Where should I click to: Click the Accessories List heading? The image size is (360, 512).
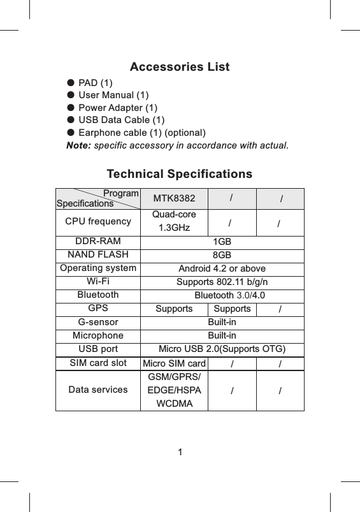pos(180,67)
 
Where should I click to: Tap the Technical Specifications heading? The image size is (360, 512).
pos(180,174)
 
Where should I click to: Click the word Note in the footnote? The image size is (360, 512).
pos(79,145)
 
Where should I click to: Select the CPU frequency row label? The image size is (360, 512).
pos(98,221)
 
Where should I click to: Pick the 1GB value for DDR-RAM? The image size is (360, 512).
pos(222,242)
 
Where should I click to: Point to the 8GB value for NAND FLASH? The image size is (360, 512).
pos(222,255)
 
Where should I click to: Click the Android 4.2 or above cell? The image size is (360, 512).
pos(222,268)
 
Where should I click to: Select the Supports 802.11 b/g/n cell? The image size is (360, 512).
pos(222,282)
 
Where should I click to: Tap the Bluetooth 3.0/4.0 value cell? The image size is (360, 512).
pos(229,295)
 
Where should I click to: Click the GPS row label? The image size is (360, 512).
pos(97,308)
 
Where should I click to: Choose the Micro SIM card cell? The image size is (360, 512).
pos(173,363)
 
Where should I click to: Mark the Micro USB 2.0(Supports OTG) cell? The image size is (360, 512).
pos(222,349)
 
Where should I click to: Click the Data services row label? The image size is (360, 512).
pos(97,389)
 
